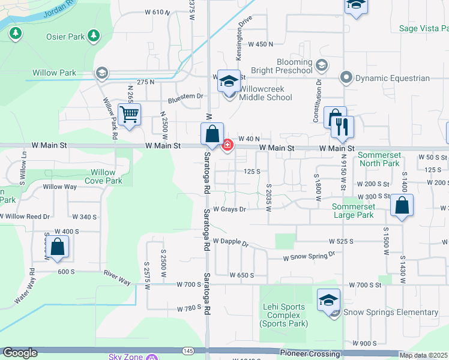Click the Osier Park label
tap(65, 37)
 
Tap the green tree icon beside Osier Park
tap(93, 36)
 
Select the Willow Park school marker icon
tap(101, 73)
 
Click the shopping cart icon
tap(129, 114)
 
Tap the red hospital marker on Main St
tap(228, 145)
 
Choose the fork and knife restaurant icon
tap(343, 127)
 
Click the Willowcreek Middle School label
tap(266, 93)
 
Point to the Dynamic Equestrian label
tap(393, 78)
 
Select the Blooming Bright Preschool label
tap(294, 66)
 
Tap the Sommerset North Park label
tap(379, 159)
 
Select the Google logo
tap(20, 353)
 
